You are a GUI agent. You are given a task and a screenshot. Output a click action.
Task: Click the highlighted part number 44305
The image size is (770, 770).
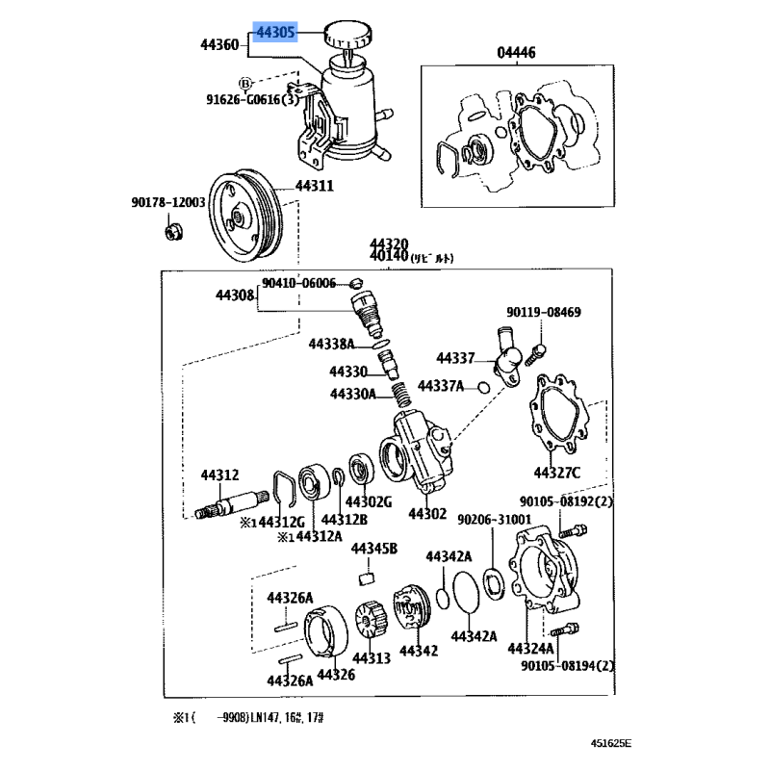click(x=276, y=33)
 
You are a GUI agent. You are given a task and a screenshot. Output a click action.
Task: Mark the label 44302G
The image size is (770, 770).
click(x=369, y=502)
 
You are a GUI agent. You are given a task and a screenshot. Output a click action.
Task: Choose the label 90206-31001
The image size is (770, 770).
click(x=494, y=519)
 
